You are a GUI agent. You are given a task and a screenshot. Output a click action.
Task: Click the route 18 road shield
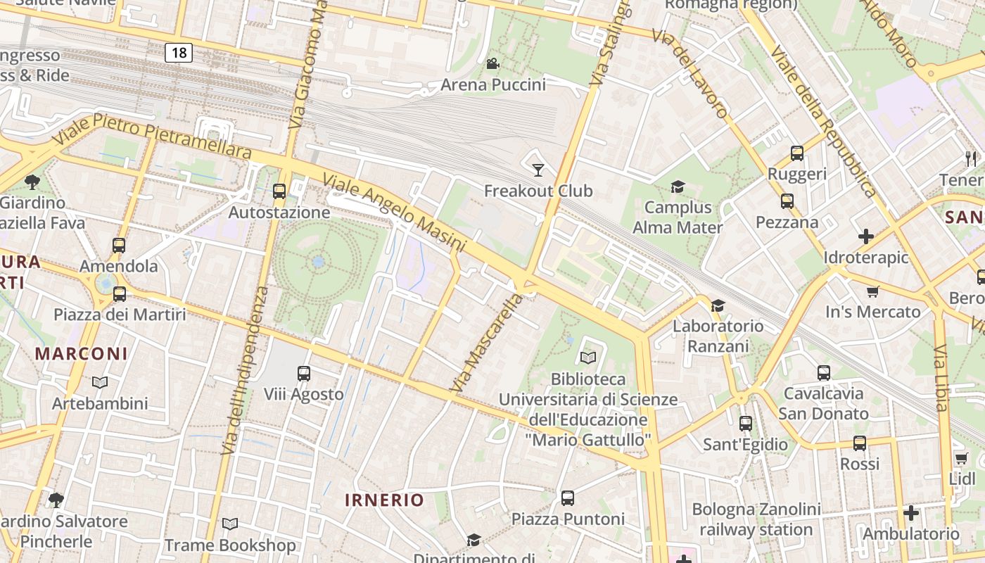[179, 52]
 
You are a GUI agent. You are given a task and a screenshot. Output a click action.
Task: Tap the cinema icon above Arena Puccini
[493, 64]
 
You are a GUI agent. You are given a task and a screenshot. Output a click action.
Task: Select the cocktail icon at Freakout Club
[538, 170]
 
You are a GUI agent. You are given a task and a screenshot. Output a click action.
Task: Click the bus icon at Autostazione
[279, 191]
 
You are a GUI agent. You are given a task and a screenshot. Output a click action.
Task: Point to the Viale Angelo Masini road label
[394, 213]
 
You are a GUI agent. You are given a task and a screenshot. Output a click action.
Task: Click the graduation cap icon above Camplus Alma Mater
[678, 186]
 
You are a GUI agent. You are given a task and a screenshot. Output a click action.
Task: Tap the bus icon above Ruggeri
[797, 153]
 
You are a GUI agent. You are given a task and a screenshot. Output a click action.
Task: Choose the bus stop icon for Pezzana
[787, 201]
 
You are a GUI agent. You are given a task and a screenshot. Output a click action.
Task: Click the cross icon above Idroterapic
[866, 236]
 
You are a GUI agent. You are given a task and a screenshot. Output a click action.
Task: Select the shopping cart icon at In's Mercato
[873, 291]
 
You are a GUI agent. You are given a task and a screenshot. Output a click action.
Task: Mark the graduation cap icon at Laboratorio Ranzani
[718, 305]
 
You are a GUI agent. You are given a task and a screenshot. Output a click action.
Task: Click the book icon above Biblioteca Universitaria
[588, 358]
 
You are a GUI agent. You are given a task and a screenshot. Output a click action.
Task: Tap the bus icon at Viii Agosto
[304, 373]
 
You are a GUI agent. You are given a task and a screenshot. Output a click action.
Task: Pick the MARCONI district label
[82, 353]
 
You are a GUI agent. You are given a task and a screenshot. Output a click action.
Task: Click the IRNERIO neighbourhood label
[384, 500]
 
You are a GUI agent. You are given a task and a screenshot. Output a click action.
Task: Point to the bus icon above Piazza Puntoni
[568, 498]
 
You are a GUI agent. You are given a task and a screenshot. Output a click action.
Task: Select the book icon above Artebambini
[100, 382]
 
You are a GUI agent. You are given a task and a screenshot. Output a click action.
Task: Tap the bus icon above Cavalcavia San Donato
[824, 372]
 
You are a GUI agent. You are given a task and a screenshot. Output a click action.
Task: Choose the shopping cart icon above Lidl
[962, 458]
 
